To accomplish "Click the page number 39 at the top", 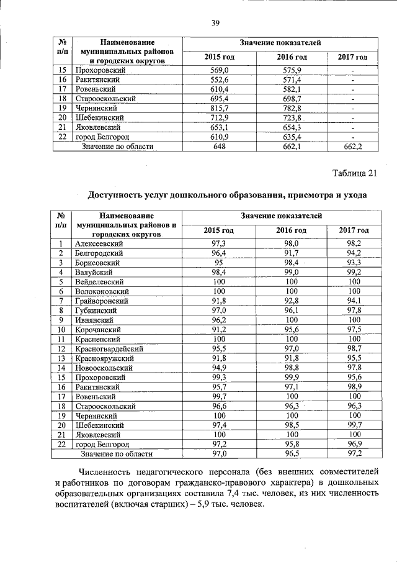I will pos(216,24).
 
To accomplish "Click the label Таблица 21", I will pos(354,173).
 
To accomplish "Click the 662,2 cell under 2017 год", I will pos(352,147).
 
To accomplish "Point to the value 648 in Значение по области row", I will pos(220,147).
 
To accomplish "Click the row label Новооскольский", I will pos(102,368).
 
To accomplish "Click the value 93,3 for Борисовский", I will pos(354,263).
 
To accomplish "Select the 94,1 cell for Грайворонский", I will pos(354,301).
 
